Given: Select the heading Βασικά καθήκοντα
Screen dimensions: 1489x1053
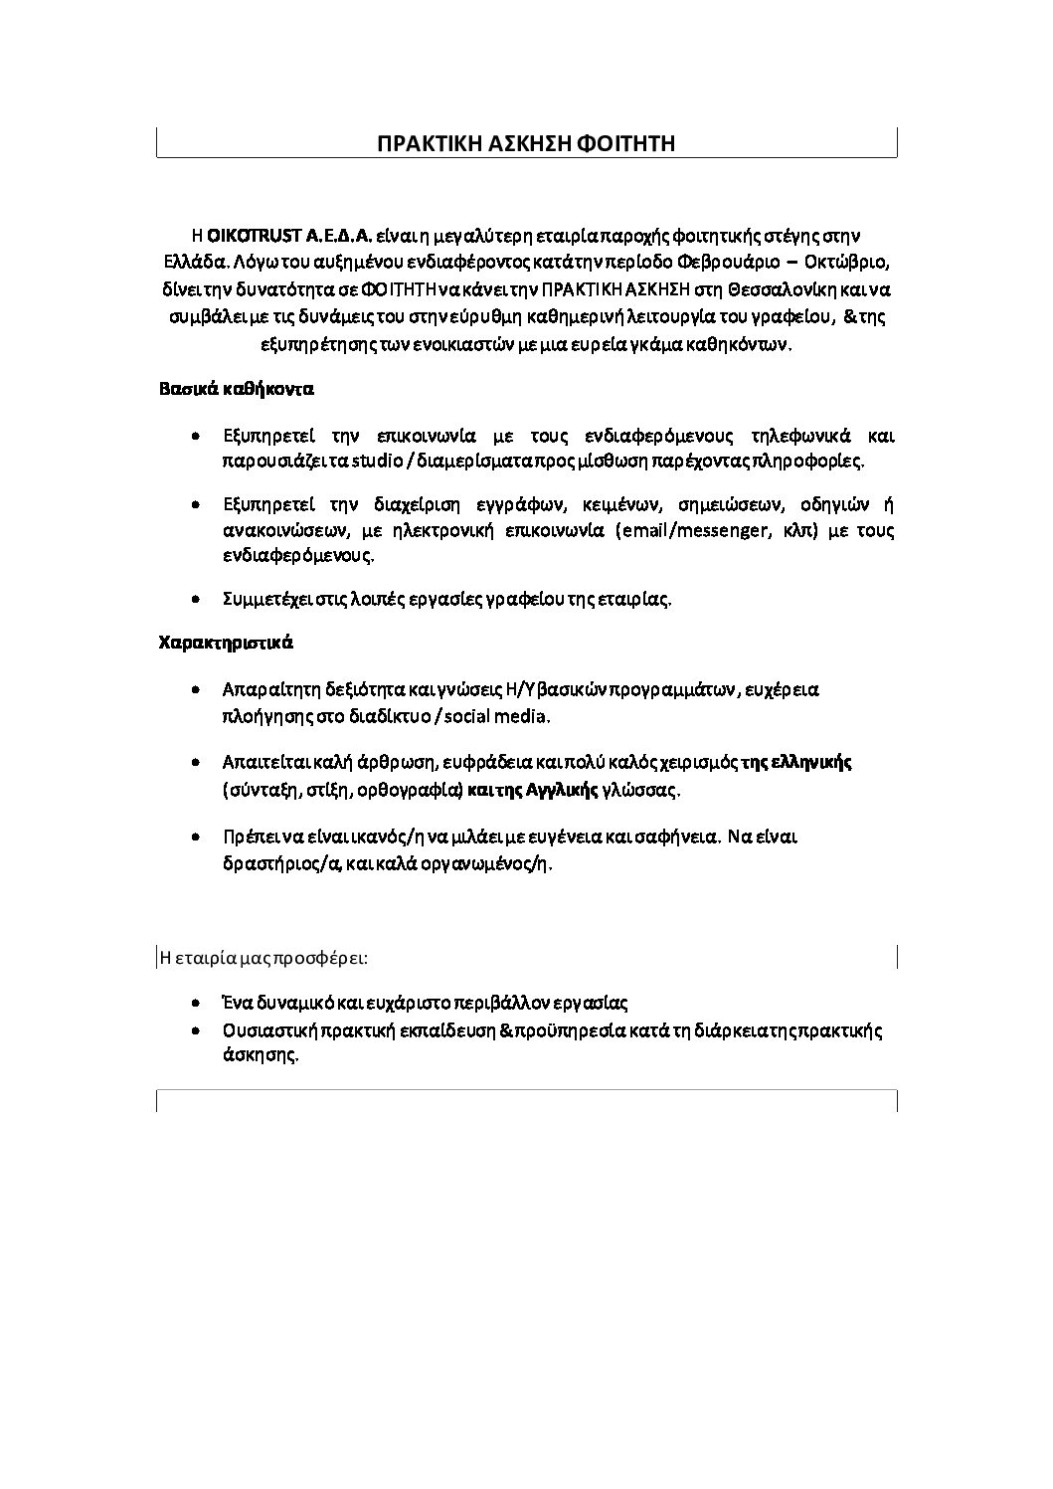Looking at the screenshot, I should click(237, 388).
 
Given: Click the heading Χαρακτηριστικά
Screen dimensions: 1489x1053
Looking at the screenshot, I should click(226, 642).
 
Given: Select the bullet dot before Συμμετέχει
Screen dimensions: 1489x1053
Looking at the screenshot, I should click(199, 599).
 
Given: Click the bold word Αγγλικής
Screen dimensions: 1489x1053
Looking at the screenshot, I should click(560, 791).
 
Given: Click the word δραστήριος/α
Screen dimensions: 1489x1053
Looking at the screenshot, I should click(283, 863).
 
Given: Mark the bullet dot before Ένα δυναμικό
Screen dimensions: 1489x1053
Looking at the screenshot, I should click(199, 1003).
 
